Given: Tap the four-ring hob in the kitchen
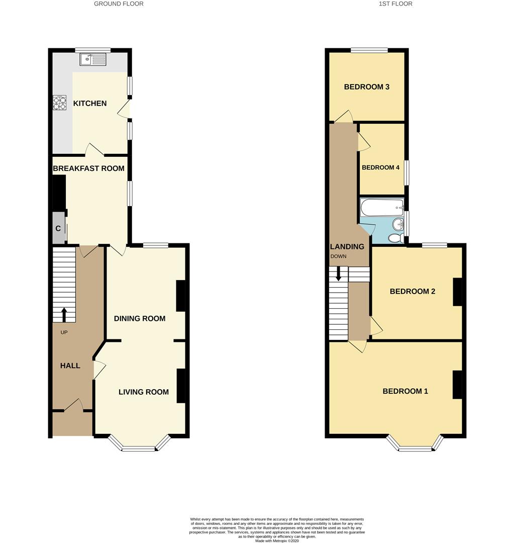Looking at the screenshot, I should (59, 103).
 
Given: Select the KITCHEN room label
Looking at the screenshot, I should (90, 104).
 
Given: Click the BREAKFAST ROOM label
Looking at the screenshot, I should (88, 168).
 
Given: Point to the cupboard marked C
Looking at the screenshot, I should (58, 229).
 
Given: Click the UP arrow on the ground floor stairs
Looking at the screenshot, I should (64, 315).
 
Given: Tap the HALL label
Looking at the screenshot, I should (70, 366).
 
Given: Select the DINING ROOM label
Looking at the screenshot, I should (140, 318).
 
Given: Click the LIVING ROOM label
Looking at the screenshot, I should (144, 392).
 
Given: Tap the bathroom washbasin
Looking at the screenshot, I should (398, 224).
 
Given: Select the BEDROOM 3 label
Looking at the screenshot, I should (367, 87).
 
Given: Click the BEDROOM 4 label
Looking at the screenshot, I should (381, 167).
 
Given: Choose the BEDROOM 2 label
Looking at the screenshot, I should (413, 292).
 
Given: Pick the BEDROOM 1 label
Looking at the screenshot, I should (405, 391).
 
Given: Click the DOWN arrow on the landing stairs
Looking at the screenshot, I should (339, 273).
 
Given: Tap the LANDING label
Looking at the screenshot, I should (347, 246).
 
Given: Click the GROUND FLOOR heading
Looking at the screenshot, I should (119, 4).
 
